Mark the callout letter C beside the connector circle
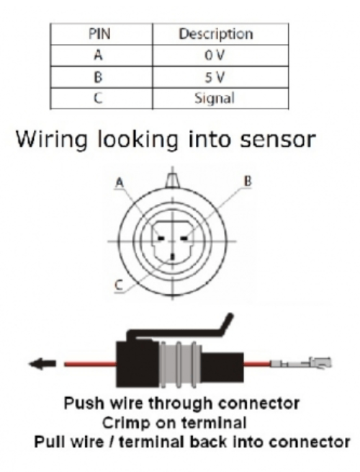119,285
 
